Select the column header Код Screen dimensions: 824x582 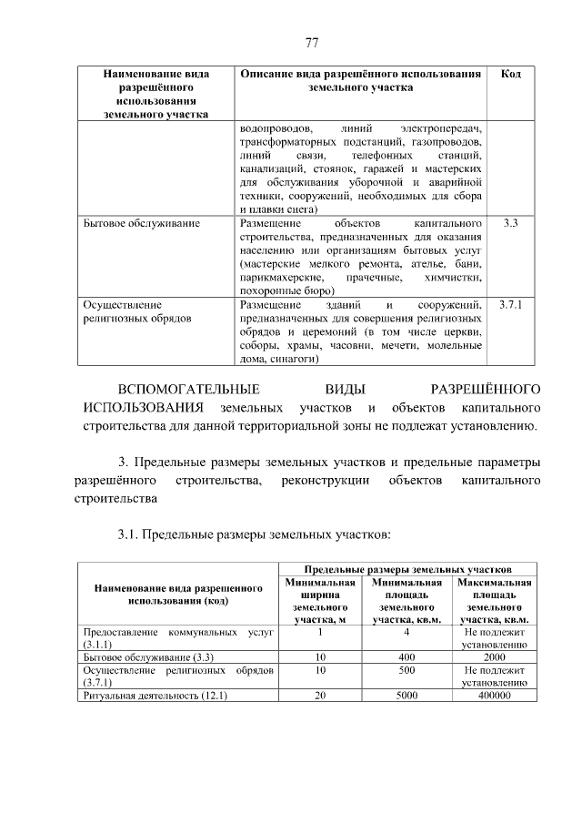coord(510,74)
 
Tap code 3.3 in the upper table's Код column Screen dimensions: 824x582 coord(510,222)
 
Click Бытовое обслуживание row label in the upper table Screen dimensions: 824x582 coord(141,222)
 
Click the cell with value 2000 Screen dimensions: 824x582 coord(495,656)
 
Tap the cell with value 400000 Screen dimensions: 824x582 coord(495,696)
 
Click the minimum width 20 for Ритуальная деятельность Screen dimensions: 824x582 coord(319,696)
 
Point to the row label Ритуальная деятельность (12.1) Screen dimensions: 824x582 coord(155,696)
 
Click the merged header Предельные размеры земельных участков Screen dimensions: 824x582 coord(406,567)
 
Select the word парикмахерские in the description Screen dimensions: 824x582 coord(281,275)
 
